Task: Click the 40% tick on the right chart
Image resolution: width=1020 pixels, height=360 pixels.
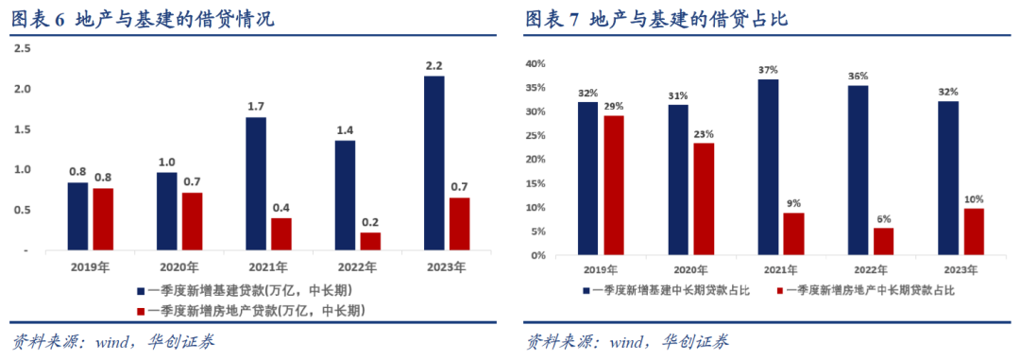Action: point(535,64)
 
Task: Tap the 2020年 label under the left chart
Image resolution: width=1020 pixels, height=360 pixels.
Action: point(178,266)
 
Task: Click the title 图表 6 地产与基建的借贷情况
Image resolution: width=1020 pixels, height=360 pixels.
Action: point(142,18)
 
